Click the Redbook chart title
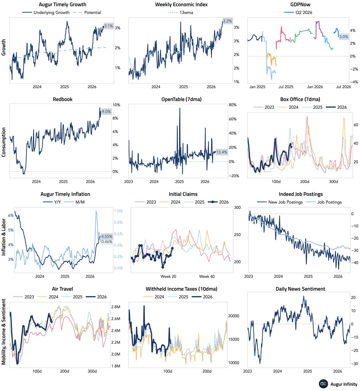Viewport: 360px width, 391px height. pyautogui.click(x=62, y=99)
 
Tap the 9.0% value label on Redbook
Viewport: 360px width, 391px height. pyautogui.click(x=106, y=112)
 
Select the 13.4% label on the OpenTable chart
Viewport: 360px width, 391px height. pyautogui.click(x=222, y=152)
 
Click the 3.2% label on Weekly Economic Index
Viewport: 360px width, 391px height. pyautogui.click(x=227, y=21)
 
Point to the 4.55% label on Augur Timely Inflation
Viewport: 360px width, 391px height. pyautogui.click(x=107, y=237)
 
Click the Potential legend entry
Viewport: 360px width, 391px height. pyautogui.click(x=87, y=12)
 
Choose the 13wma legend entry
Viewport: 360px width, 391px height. pyautogui.click(x=181, y=12)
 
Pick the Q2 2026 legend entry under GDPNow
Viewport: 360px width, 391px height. pyautogui.click(x=298, y=12)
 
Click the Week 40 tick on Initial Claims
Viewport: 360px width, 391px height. pyautogui.click(x=207, y=276)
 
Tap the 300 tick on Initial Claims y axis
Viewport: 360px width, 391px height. pyautogui.click(x=237, y=207)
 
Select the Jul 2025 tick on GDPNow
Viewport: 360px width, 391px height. pyautogui.click(x=286, y=87)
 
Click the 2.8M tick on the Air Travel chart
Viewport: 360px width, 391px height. pyautogui.click(x=116, y=307)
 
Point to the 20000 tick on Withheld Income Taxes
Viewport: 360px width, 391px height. pyautogui.click(x=233, y=316)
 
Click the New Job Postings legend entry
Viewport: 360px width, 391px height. pyautogui.click(x=279, y=202)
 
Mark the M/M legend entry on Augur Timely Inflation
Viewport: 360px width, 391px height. pyautogui.click(x=75, y=202)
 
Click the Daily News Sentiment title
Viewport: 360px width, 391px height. pyautogui.click(x=300, y=289)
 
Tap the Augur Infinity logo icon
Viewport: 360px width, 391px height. pyautogui.click(x=323, y=384)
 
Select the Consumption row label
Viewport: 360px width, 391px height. pyautogui.click(x=4, y=142)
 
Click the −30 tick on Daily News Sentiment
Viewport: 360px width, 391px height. pyautogui.click(x=353, y=364)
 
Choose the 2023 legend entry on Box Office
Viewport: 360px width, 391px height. pyautogui.click(x=263, y=107)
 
